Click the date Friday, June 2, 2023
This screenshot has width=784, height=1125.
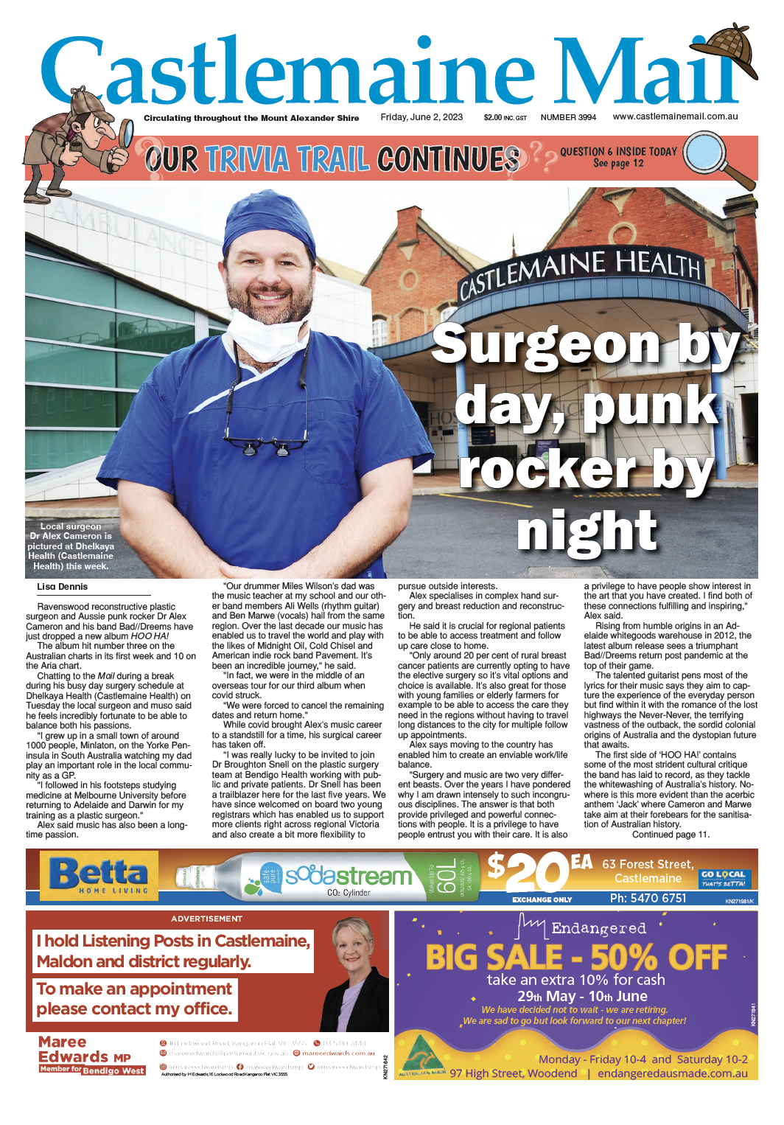tap(421, 117)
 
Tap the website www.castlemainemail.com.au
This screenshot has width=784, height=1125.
tap(675, 116)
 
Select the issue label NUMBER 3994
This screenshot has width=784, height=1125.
tap(568, 117)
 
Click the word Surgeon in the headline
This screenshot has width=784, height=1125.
tap(545, 344)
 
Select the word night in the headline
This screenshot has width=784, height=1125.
tap(587, 531)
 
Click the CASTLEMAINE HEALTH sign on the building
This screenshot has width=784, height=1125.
tap(580, 274)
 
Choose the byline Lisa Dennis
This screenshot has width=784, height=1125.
tap(62, 587)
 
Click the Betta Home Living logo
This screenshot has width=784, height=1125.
tap(99, 876)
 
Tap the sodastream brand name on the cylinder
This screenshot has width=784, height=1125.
tap(349, 876)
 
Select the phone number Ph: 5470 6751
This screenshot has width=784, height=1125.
tap(648, 898)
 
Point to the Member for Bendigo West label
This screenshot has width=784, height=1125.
tap(92, 1069)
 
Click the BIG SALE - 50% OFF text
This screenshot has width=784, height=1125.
tap(576, 958)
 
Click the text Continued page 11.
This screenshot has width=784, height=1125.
tap(670, 835)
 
